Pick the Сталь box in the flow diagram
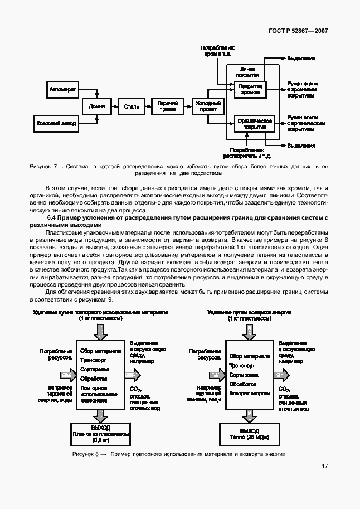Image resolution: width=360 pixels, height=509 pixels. point(131,106)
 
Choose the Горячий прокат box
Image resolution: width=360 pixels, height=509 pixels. point(168,106)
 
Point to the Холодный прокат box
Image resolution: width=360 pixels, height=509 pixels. point(206,106)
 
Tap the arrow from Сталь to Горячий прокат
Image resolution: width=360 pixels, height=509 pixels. point(148,106)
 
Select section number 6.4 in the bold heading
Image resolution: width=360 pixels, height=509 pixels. point(53,217)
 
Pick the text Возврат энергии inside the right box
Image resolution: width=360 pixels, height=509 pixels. point(249,393)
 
